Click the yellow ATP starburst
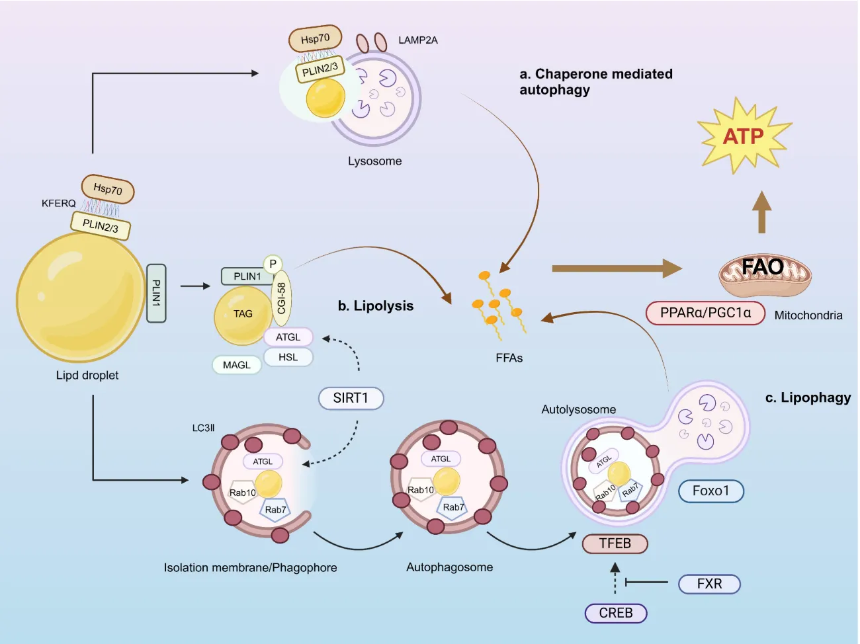click(744, 136)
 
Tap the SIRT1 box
click(351, 398)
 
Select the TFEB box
click(615, 543)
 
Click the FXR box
click(709, 584)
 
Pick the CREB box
click(615, 613)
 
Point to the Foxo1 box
click(710, 491)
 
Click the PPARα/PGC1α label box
click(705, 313)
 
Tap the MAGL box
click(237, 365)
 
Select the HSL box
click(288, 357)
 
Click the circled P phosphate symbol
click(273, 264)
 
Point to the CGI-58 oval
click(281, 298)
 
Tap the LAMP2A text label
click(417, 40)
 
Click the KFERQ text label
click(58, 204)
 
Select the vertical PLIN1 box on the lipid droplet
click(156, 293)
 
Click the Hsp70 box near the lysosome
click(315, 39)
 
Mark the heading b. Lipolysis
click(375, 306)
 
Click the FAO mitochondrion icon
click(764, 272)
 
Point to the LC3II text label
click(203, 428)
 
